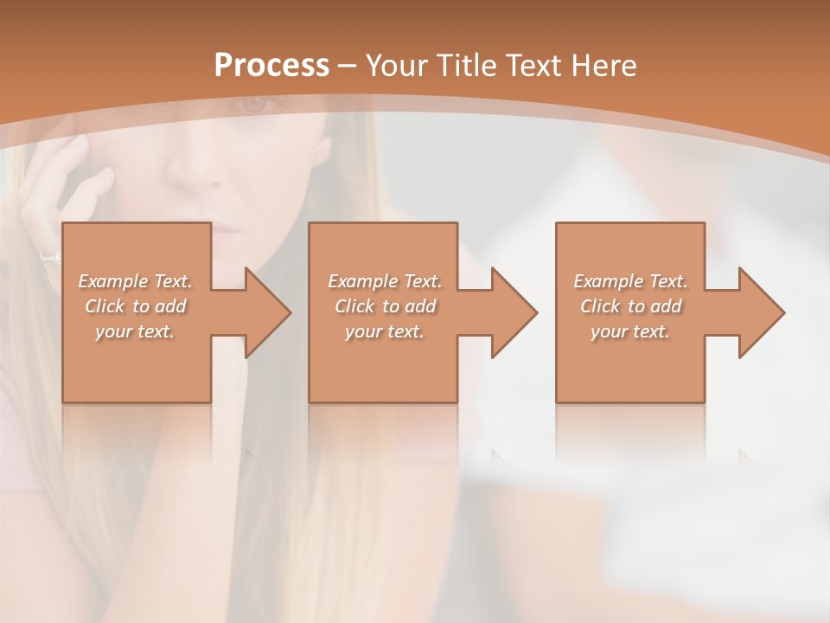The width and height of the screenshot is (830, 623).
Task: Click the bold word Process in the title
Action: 271,66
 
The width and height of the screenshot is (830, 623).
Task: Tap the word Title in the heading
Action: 465,66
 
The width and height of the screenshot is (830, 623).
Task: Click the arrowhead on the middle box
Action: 514,312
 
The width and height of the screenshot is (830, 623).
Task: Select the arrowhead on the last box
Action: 762,312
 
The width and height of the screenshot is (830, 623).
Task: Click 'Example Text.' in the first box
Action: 135,281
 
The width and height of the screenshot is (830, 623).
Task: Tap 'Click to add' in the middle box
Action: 385,306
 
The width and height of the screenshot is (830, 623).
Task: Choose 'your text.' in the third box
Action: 630,331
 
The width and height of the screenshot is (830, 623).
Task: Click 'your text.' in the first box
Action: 135,331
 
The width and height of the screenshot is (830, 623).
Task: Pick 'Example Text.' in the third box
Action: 630,281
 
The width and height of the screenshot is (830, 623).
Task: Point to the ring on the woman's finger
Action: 50,257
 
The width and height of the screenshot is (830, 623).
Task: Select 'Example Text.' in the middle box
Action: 385,281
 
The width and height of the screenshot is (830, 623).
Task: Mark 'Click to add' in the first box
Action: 135,306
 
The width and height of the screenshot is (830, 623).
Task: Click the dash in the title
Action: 347,66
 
